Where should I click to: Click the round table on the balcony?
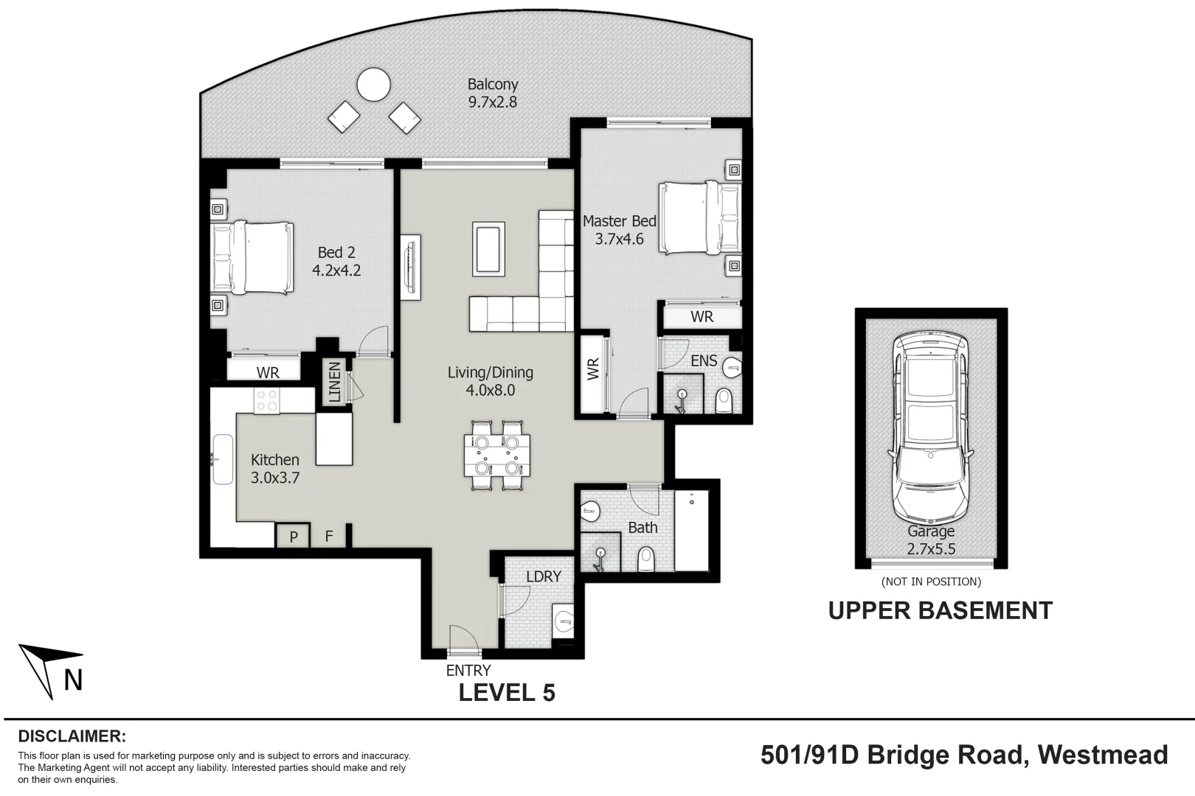(x=373, y=85)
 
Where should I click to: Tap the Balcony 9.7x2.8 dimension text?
(x=493, y=102)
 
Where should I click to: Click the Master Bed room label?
(x=619, y=221)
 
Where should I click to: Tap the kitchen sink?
(x=223, y=459)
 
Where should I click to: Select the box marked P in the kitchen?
(x=294, y=537)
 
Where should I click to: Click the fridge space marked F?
(x=329, y=537)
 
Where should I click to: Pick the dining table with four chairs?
(x=496, y=455)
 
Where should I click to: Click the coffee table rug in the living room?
(x=489, y=249)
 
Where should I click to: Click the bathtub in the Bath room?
(x=691, y=531)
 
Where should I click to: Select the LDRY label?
(x=544, y=576)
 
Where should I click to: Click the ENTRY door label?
(x=468, y=670)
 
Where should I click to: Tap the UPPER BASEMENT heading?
(x=940, y=611)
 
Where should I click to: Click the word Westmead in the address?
(x=1102, y=755)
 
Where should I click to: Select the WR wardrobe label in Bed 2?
(x=268, y=372)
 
